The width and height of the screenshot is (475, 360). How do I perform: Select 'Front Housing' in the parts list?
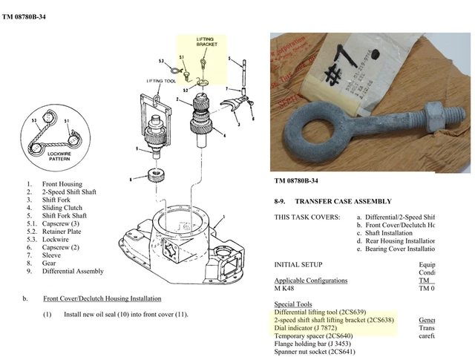click(x=62, y=184)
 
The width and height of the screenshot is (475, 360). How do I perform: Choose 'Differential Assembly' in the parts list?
click(x=74, y=271)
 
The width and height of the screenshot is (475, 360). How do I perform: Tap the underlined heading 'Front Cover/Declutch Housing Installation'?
click(x=102, y=298)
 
